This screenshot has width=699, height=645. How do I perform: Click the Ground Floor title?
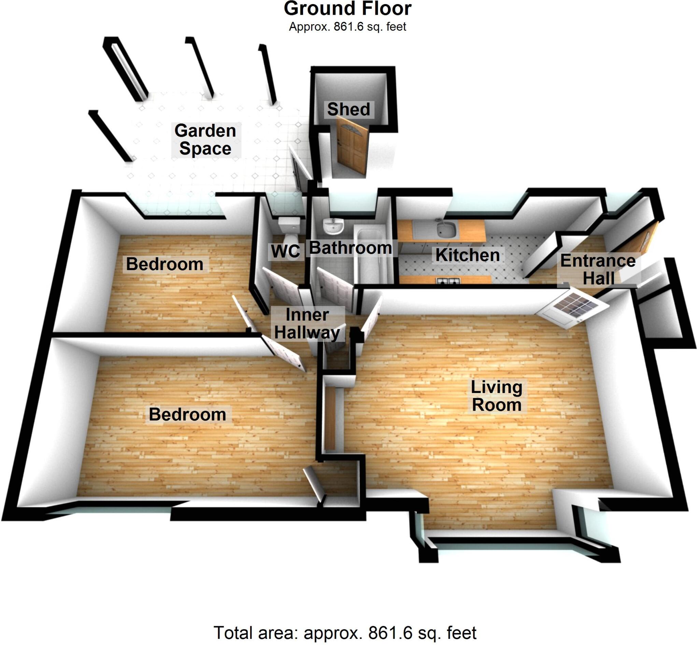coord(347,9)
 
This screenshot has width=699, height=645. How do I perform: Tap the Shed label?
coord(348,109)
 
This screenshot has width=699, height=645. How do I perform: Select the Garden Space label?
coord(205,140)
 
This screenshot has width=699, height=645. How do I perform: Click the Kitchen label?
coord(467,255)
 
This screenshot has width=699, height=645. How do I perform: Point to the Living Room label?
coord(496,396)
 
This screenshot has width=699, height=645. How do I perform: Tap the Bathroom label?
coord(351,248)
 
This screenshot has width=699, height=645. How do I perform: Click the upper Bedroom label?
coord(165,264)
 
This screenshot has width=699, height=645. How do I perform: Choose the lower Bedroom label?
coord(187,415)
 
